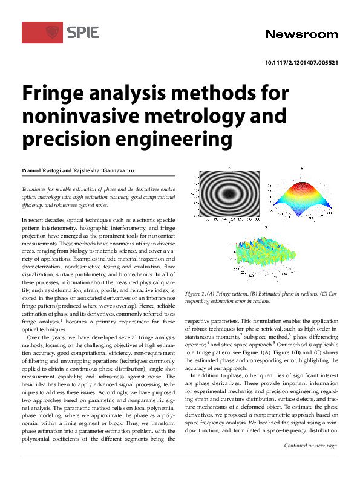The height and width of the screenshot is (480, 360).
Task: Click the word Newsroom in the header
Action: pos(301,34)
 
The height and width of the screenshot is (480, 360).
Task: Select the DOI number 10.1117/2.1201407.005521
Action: pos(301,63)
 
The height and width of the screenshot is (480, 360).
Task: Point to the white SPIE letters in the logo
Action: pos(83,32)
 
